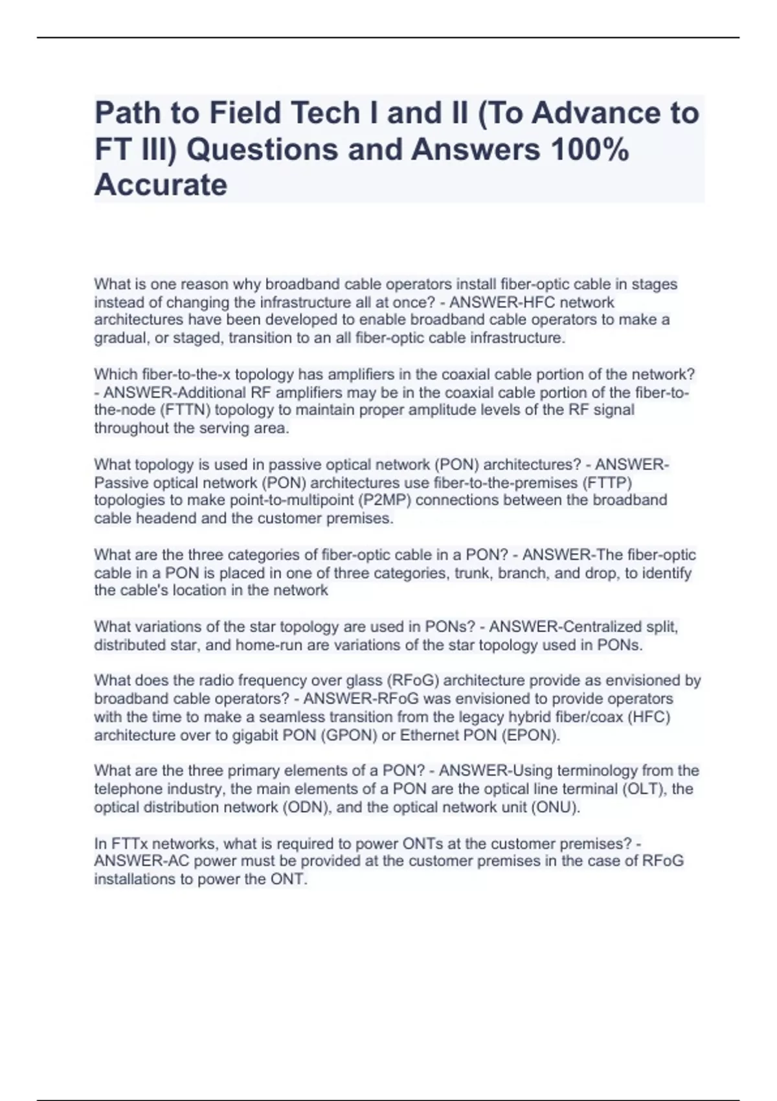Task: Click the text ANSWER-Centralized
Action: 565,627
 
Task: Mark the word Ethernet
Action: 428,735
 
